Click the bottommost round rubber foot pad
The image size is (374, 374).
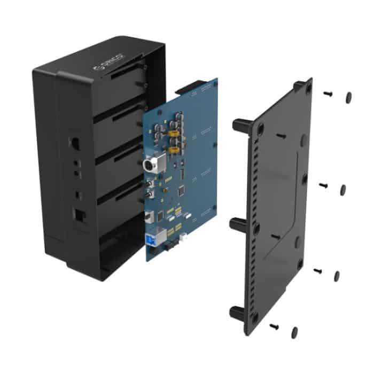click(x=294, y=332)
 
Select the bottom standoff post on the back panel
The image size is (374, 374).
click(x=236, y=311)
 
